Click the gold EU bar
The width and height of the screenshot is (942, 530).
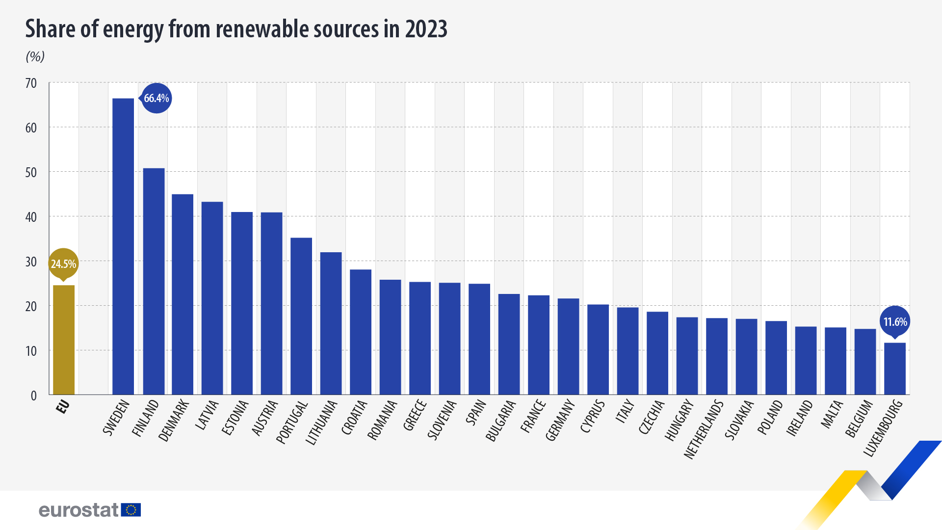click(64, 340)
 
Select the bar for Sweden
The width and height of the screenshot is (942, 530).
click(123, 246)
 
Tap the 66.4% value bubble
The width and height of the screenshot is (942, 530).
click(157, 98)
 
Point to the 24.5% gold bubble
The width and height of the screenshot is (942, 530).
click(63, 264)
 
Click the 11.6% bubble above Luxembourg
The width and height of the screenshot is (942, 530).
click(895, 322)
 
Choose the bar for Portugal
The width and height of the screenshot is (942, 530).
click(301, 316)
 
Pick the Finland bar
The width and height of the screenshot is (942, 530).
click(154, 281)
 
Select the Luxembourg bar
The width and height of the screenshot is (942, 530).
click(895, 369)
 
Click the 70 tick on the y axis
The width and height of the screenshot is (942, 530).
click(31, 83)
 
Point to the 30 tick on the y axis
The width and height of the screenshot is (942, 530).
click(31, 262)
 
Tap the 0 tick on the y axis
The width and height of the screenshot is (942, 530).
click(34, 396)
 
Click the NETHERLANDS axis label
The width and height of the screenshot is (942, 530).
click(704, 430)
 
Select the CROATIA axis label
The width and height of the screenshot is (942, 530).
click(354, 418)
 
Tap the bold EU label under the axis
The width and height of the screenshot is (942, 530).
click(63, 407)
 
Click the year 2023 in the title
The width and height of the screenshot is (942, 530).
click(426, 29)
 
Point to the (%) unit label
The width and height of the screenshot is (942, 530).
click(35, 56)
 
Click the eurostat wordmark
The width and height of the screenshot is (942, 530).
click(78, 510)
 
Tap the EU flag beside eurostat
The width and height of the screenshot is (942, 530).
click(131, 510)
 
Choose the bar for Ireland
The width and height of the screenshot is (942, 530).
click(806, 360)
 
